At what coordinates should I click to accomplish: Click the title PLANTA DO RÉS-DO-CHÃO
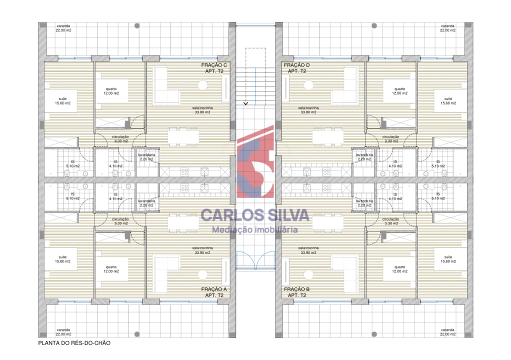pyautogui.click(x=74, y=343)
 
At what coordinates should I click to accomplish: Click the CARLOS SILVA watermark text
pyautogui.click(x=255, y=215)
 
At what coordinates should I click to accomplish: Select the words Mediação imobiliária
pyautogui.click(x=255, y=230)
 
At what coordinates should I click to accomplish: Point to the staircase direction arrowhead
pyautogui.click(x=245, y=103)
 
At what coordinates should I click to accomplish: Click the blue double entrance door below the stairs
pyautogui.click(x=255, y=259)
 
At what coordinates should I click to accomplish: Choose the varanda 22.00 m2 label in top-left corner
pyautogui.click(x=63, y=28)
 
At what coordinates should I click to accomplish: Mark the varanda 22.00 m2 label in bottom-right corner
pyautogui.click(x=447, y=332)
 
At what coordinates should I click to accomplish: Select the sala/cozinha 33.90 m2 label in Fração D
pyautogui.click(x=308, y=110)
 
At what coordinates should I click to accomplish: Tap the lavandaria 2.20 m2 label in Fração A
pyautogui.click(x=147, y=203)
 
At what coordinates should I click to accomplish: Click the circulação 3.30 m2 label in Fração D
pyautogui.click(x=390, y=139)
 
